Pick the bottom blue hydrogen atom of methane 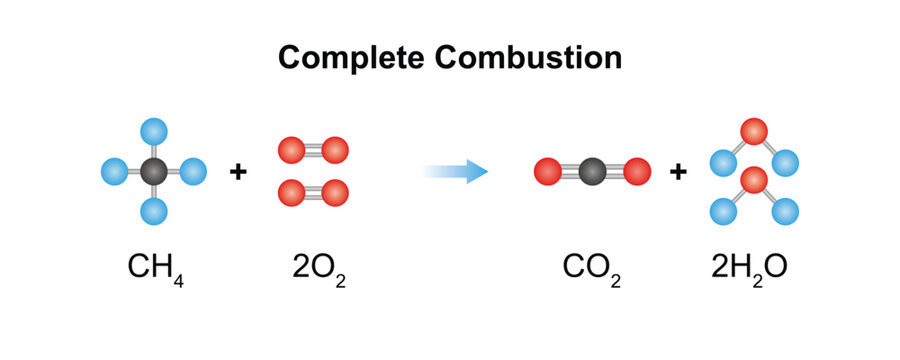(153, 210)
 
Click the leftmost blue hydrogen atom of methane (114, 172)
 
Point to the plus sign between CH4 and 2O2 (238, 172)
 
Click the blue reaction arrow (455, 172)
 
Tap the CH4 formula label (156, 268)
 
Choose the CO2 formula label (591, 268)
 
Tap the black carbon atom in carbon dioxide (591, 172)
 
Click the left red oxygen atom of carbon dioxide (546, 172)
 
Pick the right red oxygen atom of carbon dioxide (636, 172)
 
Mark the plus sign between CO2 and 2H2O (678, 172)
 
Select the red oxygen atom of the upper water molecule (754, 131)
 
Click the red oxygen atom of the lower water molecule (754, 181)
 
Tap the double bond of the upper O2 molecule (311, 150)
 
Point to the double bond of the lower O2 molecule (311, 191)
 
